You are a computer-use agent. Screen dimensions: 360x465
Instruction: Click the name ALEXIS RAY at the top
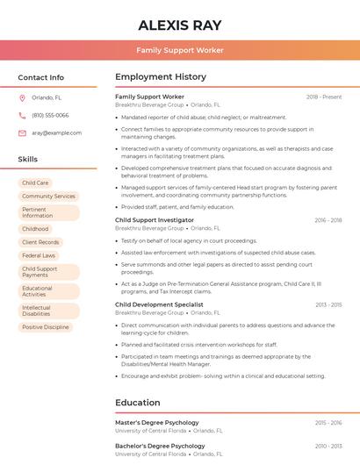(x=180, y=25)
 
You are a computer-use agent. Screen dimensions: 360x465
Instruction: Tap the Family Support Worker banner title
(x=180, y=51)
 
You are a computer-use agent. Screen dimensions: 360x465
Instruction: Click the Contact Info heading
(x=41, y=77)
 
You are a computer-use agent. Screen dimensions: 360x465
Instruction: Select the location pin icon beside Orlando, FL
(x=22, y=98)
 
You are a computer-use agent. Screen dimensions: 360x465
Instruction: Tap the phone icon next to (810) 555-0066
(x=22, y=116)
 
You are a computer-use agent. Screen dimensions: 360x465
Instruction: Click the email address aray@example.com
(x=57, y=133)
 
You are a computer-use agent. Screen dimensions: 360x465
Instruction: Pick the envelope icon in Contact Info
(x=22, y=133)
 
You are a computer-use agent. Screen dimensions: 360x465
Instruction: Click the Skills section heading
(x=28, y=160)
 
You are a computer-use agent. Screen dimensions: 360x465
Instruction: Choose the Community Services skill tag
(x=48, y=197)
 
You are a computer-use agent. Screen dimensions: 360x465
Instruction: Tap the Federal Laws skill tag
(x=39, y=255)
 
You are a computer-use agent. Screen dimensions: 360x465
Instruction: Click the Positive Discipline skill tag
(x=45, y=327)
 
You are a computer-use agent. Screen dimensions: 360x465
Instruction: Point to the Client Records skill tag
(x=40, y=242)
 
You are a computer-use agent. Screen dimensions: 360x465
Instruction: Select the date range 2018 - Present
(x=324, y=97)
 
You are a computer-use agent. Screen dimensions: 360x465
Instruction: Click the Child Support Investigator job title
(x=155, y=220)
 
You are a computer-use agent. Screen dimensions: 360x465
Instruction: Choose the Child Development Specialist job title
(x=159, y=304)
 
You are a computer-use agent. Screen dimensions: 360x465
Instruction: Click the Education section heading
(x=138, y=403)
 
